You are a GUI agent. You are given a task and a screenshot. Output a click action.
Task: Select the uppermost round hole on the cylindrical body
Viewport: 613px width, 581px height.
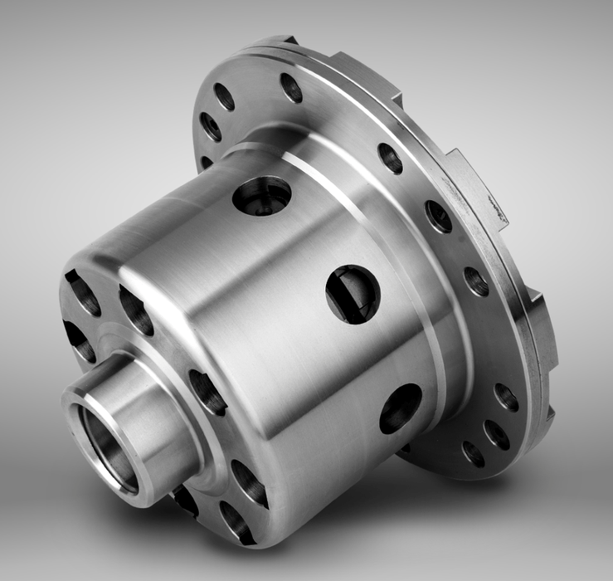(x=261, y=195)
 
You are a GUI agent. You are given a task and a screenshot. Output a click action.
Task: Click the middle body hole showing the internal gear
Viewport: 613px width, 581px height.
(x=353, y=294)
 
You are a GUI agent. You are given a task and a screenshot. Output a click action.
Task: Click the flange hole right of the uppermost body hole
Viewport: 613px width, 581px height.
(x=390, y=158)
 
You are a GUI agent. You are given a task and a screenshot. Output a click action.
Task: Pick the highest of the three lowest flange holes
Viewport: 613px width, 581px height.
(x=506, y=397)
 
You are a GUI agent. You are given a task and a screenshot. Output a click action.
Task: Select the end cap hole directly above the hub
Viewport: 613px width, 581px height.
(x=136, y=310)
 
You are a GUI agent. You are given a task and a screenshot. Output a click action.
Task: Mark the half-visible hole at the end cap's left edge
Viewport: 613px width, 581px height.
(x=78, y=341)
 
